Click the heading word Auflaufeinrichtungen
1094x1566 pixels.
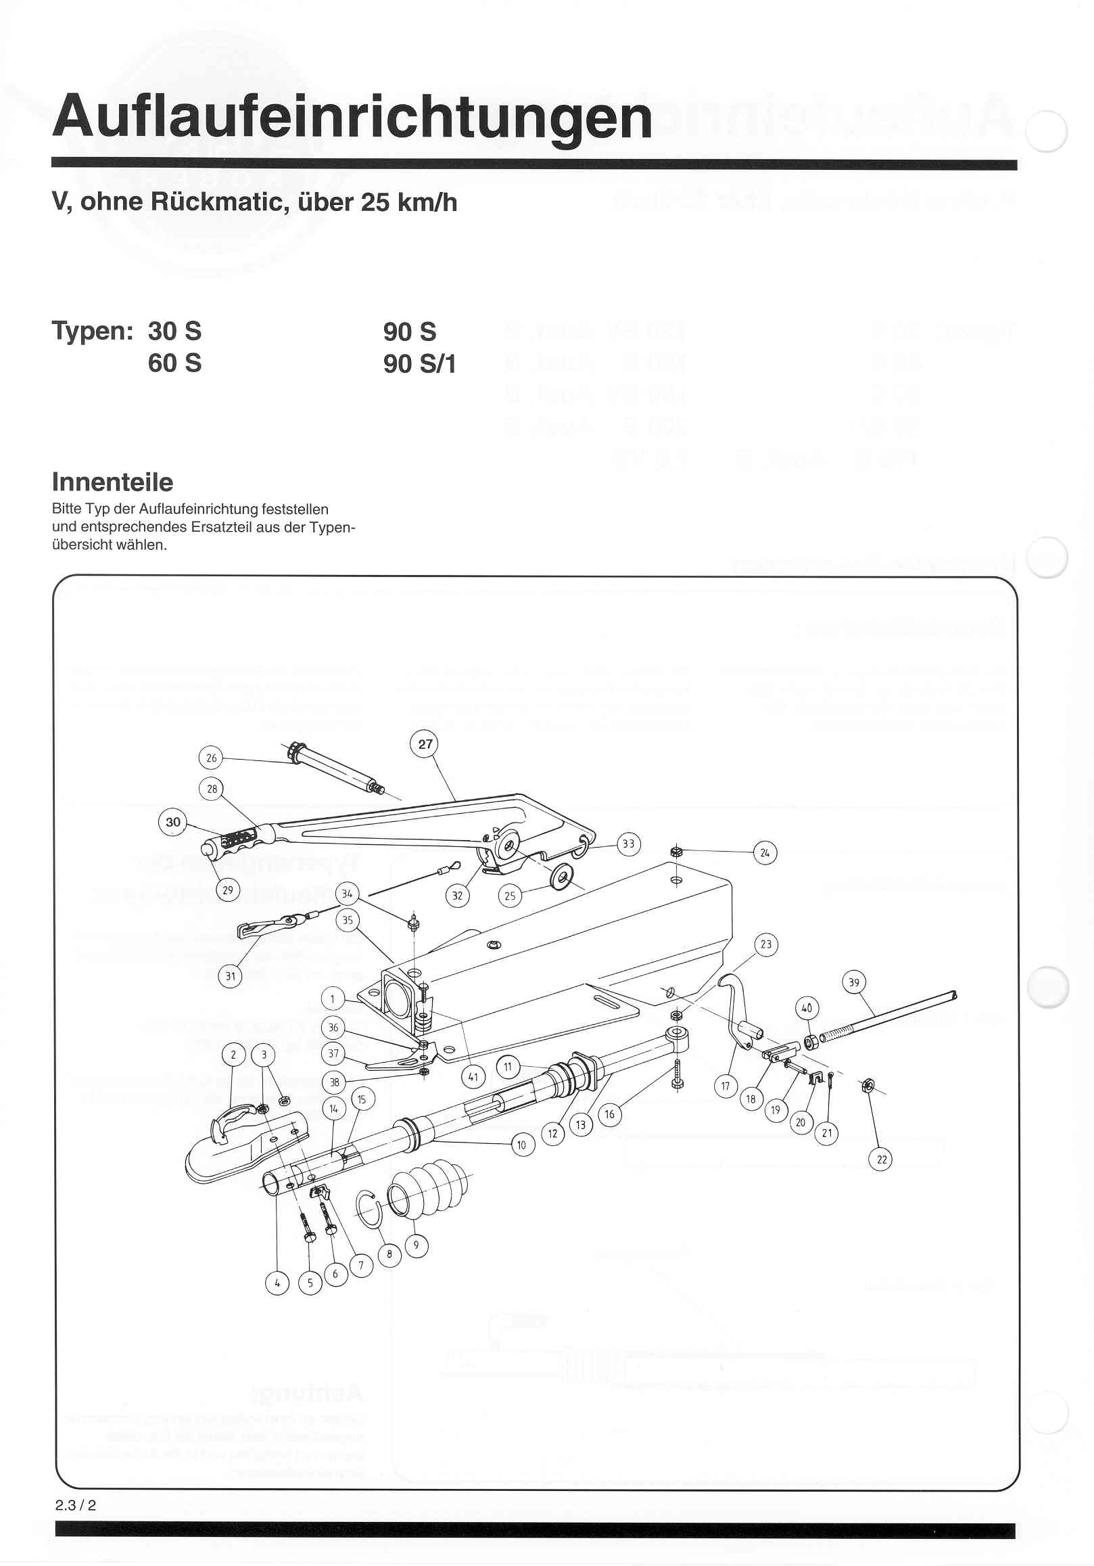[x=352, y=117]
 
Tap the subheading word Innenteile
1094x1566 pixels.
[x=112, y=482]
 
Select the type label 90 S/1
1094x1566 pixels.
[x=419, y=364]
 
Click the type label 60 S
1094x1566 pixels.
[x=174, y=363]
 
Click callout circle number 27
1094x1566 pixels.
[x=425, y=744]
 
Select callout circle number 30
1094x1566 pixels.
[x=173, y=822]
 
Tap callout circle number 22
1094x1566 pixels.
[x=882, y=1159]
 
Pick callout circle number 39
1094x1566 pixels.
[x=854, y=983]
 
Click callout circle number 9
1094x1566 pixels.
[x=417, y=1246]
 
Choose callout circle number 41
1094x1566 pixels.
[x=473, y=1077]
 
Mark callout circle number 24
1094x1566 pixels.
[x=765, y=852]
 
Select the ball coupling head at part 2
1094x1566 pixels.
[x=239, y=1146]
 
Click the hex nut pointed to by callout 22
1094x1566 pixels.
[x=868, y=1085]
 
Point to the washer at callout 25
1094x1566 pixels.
[x=563, y=880]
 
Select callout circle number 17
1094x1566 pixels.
[x=726, y=1086]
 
